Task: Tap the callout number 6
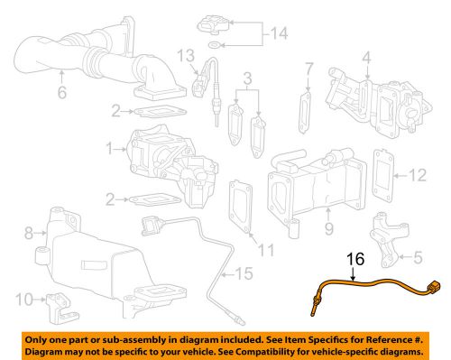(x=61, y=93)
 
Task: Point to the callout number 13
(x=185, y=59)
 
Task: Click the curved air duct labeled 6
(x=90, y=56)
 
